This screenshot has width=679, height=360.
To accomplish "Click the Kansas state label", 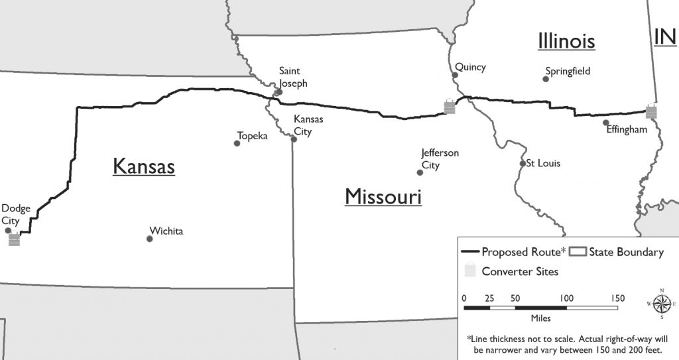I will pos(144,166).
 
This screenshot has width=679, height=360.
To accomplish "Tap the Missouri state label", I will pos(383,197).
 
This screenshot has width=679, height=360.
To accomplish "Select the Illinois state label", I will pos(566,41).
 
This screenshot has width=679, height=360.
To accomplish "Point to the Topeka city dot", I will pos(237,143).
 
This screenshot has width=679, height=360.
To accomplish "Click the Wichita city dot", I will pos(150,239).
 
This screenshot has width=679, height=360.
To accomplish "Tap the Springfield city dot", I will pos(546,79).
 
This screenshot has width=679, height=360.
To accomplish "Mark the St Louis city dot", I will pos(523,163).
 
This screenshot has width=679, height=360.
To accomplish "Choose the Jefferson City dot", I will pos(420,172).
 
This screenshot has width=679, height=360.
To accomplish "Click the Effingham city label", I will pos(627,130).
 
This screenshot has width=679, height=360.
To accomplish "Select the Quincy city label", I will pos(470,67).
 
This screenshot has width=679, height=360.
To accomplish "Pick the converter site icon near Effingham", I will pos(652,111).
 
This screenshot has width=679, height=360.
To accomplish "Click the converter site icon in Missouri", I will pos(450,106).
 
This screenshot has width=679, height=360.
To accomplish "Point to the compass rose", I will pos(661,304).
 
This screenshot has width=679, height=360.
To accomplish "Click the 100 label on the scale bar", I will pos(566,297).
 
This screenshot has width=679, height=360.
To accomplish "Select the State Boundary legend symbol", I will pos(578,252).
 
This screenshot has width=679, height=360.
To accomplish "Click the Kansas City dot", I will pos(294,139).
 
